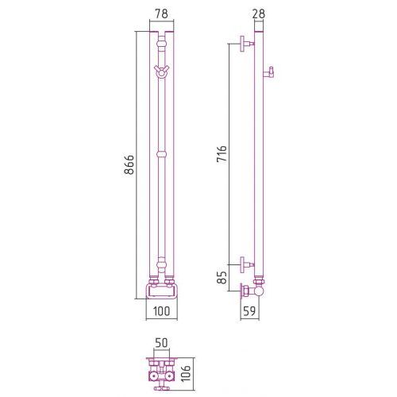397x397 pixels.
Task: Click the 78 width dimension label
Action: (161, 13)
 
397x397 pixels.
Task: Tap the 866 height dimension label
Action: (129, 164)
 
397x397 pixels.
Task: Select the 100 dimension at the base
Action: (161, 311)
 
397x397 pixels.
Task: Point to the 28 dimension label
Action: (259, 13)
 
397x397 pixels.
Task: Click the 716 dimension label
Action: (222, 153)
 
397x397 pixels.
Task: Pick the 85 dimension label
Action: (222, 277)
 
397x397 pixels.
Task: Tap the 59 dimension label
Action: (249, 311)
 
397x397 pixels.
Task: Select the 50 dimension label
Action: (161, 343)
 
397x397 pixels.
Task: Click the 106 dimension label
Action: (187, 373)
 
